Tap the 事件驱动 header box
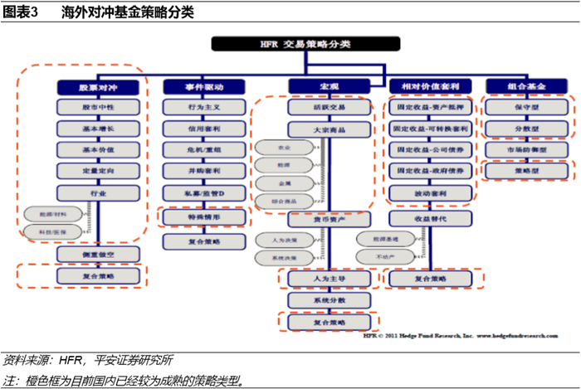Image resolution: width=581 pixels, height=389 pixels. [x=204, y=85]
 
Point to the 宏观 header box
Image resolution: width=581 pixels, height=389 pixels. [x=317, y=85]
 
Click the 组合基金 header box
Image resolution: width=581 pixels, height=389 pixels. [x=526, y=85]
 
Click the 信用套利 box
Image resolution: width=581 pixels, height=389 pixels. [x=204, y=129]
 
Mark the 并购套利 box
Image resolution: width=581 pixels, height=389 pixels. [x=204, y=171]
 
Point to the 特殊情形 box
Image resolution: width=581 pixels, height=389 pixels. [x=204, y=216]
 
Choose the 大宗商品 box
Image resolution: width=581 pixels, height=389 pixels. [x=317, y=129]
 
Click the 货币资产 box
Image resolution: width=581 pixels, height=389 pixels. [x=317, y=220]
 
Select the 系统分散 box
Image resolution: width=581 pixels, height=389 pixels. [x=317, y=300]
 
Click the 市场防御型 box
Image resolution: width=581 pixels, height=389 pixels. [x=526, y=149]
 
